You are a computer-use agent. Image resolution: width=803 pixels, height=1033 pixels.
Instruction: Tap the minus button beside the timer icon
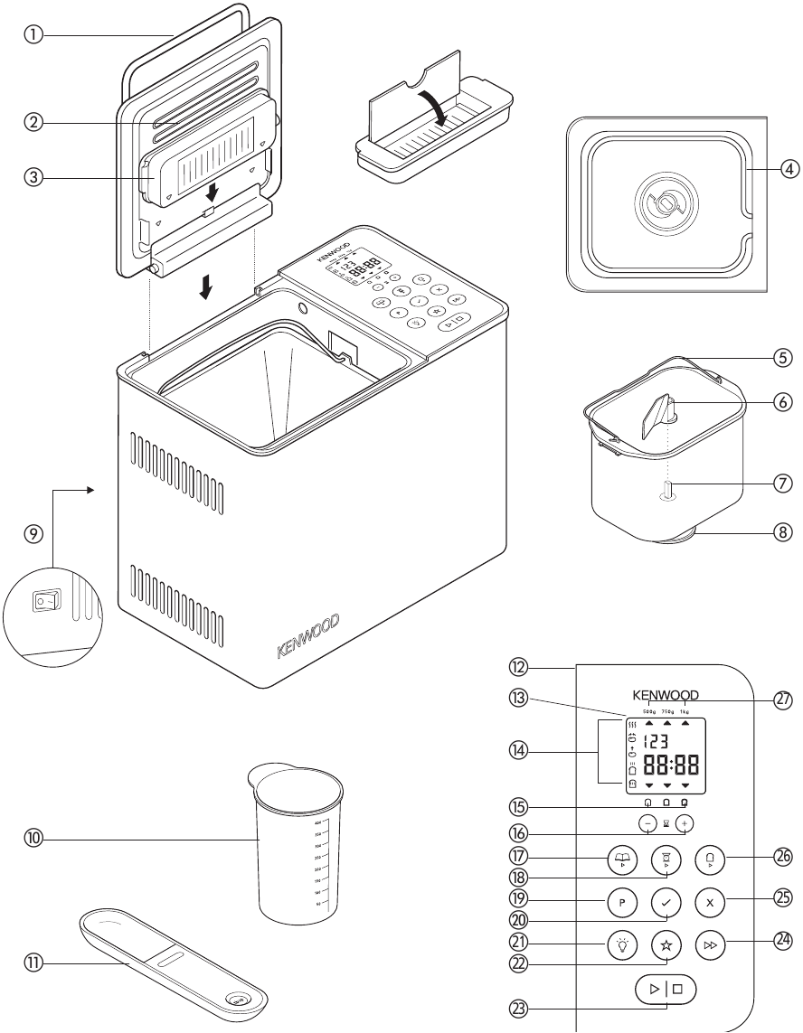(x=647, y=824)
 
